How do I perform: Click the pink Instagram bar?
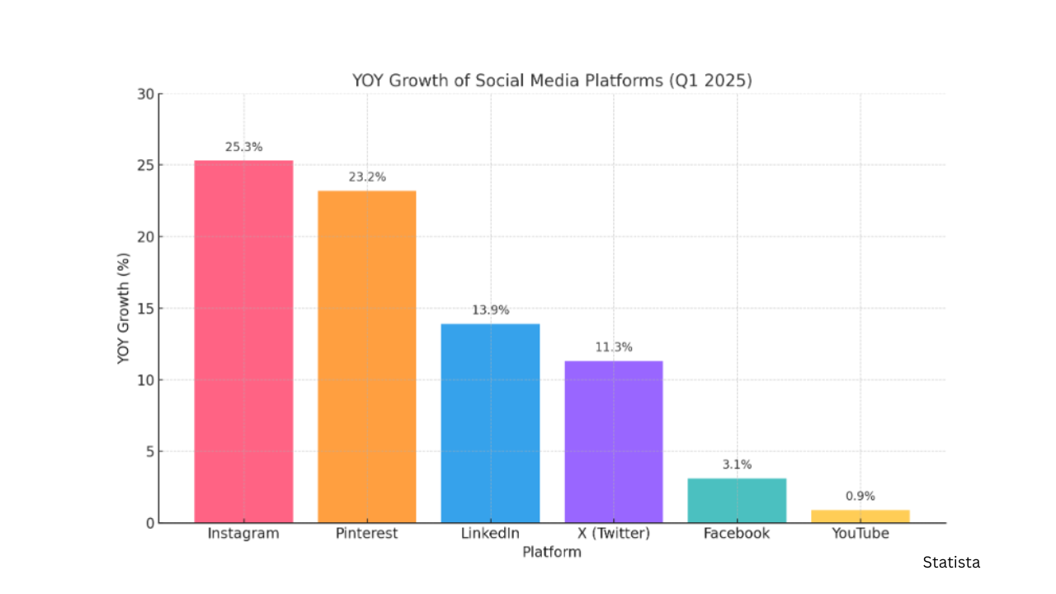click(243, 342)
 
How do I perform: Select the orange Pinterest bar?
click(367, 356)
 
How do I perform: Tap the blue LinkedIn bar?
click(490, 423)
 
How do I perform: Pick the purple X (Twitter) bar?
click(614, 441)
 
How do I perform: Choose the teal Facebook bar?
click(737, 500)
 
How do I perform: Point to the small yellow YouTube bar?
click(860, 516)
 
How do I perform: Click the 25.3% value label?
click(243, 148)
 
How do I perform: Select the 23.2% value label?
click(367, 177)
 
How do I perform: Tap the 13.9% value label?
click(490, 310)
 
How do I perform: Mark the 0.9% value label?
click(860, 497)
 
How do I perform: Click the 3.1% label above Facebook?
click(737, 464)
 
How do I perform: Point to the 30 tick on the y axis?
click(145, 94)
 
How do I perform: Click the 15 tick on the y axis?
click(145, 309)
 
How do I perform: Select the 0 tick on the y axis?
click(149, 523)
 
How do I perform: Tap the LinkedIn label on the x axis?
click(490, 534)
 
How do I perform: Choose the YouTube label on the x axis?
click(860, 534)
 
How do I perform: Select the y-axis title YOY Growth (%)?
click(124, 309)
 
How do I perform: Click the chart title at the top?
click(552, 81)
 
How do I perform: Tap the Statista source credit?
click(951, 563)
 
